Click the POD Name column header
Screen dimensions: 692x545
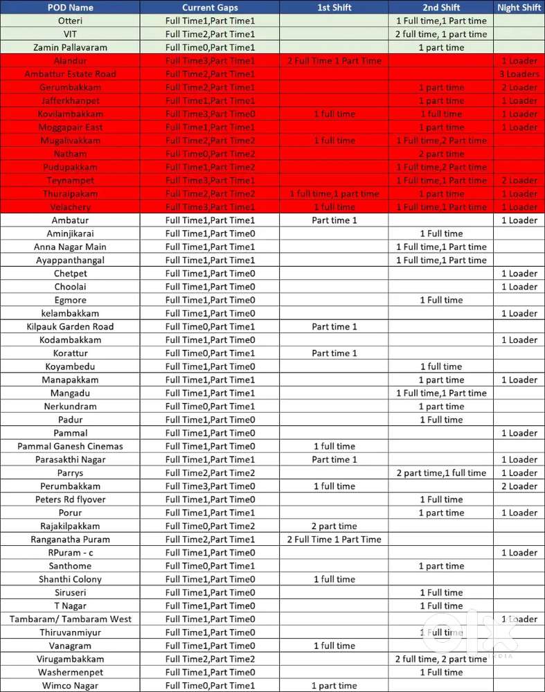70,7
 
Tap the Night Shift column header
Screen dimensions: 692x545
519,7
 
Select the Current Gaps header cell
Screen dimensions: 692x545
210,7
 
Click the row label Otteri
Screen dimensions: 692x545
70,21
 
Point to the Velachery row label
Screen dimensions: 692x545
70,207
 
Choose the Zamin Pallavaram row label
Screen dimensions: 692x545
70,48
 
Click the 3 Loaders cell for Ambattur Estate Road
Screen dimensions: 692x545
519,74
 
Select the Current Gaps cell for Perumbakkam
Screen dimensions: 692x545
210,486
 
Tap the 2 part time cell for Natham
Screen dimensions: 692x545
441,154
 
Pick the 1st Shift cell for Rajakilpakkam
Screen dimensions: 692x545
334,526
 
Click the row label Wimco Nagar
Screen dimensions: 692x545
70,686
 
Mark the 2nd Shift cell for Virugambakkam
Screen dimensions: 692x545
441,659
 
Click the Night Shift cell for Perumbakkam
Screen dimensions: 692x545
519,486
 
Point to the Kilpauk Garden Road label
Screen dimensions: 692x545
70,326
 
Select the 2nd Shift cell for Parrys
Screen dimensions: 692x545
441,473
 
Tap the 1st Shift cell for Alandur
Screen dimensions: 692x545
334,61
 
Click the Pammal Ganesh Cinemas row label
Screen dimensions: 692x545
70,446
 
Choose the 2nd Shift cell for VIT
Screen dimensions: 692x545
441,34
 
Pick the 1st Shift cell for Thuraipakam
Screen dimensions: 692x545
334,194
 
